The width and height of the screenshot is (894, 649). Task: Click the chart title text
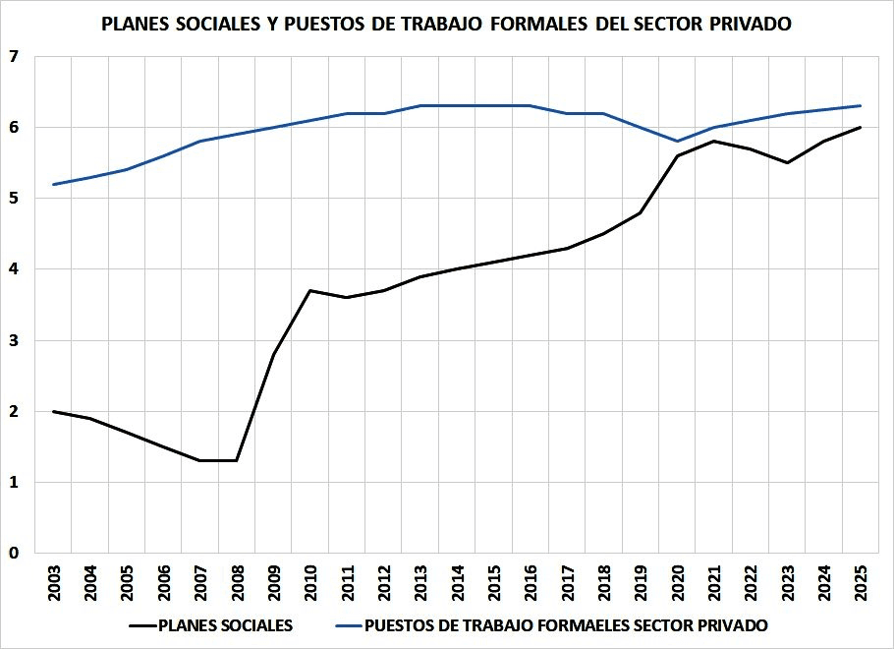tap(446, 24)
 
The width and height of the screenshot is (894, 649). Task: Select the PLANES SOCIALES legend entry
tap(211, 625)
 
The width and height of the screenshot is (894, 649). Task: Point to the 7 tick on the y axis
tap(14, 56)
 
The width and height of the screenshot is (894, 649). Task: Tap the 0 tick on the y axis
tap(14, 553)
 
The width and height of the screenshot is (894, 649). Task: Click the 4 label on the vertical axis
tap(14, 268)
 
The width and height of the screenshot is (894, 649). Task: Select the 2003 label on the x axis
tap(54, 583)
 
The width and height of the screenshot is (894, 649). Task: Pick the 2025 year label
tap(861, 583)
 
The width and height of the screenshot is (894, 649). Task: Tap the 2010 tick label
tap(310, 583)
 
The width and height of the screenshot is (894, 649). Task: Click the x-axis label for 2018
tap(604, 583)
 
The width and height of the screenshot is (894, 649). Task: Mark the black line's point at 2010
tap(310, 290)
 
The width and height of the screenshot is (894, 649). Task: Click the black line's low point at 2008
tap(237, 460)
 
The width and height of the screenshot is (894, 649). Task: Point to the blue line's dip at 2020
tap(677, 141)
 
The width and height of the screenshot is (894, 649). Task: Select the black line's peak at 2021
tap(714, 141)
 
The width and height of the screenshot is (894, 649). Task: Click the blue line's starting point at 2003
tap(53, 184)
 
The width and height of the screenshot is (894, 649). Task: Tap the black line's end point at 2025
tap(861, 127)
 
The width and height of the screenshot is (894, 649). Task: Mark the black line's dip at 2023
tap(787, 162)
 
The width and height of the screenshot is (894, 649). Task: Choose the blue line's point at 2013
tap(420, 105)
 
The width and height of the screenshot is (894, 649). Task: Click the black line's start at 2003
tap(53, 411)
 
